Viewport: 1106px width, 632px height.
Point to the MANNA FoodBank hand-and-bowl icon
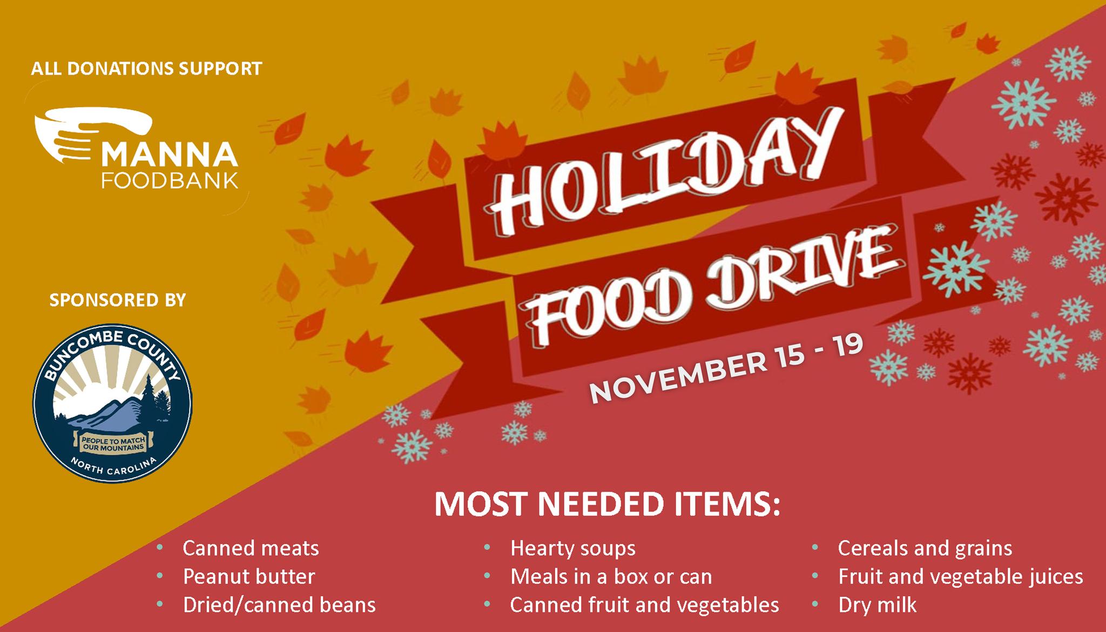(92, 135)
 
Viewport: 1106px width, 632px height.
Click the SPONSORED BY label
(118, 300)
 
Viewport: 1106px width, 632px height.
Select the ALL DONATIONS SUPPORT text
(146, 69)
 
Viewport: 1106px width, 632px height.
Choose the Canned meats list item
(251, 548)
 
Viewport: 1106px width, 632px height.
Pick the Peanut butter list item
(249, 577)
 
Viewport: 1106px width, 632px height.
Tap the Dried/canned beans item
(279, 605)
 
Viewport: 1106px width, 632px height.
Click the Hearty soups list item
(573, 549)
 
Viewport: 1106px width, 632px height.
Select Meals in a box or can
(611, 577)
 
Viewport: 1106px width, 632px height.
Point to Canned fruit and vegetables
(645, 605)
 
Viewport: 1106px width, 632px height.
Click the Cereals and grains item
(925, 549)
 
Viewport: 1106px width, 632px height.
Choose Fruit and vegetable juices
(961, 577)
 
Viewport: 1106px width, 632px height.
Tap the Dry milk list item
(878, 605)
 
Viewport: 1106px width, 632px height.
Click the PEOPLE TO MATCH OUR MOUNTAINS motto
(113, 445)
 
